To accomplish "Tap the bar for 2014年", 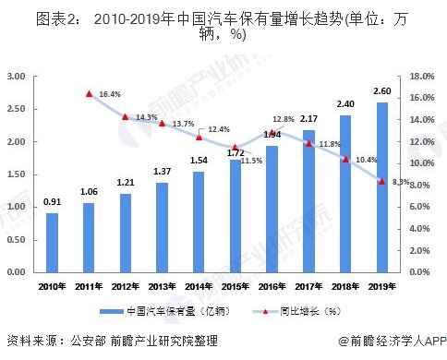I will pyautogui.click(x=199, y=222).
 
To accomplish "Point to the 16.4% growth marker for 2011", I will pyautogui.click(x=89, y=93).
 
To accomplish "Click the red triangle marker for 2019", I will pyautogui.click(x=381, y=181).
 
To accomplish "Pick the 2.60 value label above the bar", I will pyautogui.click(x=381, y=90).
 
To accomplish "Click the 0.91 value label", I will pyautogui.click(x=52, y=202).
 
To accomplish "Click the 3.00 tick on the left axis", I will pyautogui.click(x=16, y=77).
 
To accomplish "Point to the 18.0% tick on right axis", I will pyautogui.click(x=422, y=77).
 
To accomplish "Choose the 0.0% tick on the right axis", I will pyautogui.click(x=424, y=273).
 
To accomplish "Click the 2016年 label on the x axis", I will pyautogui.click(x=272, y=286).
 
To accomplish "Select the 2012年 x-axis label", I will pyautogui.click(x=126, y=286).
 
